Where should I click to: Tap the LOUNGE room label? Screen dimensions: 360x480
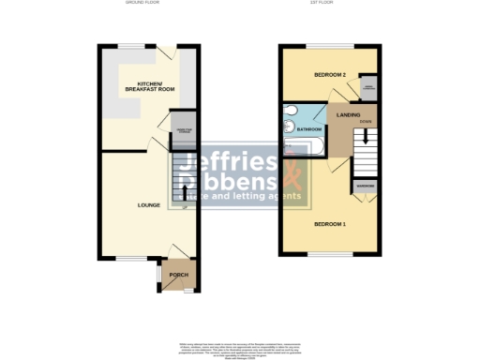(148, 205)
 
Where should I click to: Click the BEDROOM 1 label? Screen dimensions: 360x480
(329, 224)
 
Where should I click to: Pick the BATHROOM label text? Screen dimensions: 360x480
(310, 129)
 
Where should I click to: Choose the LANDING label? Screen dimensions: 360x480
(350, 113)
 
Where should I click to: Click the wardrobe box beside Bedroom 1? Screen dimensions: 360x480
(365, 186)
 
